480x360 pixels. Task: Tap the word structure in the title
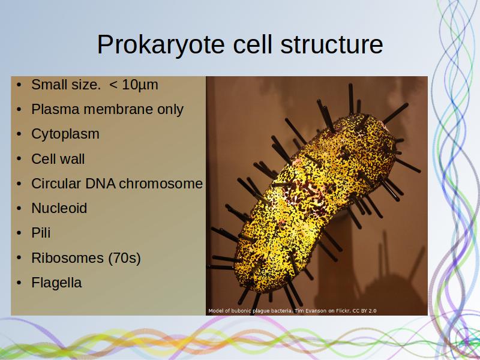pos(331,44)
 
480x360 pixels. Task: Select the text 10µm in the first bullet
pos(140,85)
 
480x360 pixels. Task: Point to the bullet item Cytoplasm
pos(65,134)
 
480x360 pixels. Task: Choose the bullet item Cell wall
pos(58,159)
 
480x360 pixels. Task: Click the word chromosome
pos(161,184)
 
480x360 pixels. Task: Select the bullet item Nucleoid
pos(59,208)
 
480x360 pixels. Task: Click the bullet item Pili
pos(41,233)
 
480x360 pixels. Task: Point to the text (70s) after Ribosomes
pos(124,258)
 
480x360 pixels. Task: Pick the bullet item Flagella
pos(56,283)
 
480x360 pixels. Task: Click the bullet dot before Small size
pos(19,85)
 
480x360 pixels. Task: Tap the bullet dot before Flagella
pos(19,283)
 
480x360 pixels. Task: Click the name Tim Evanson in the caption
pos(310,311)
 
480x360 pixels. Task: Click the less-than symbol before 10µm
pos(113,85)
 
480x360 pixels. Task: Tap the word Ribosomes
pos(67,258)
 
